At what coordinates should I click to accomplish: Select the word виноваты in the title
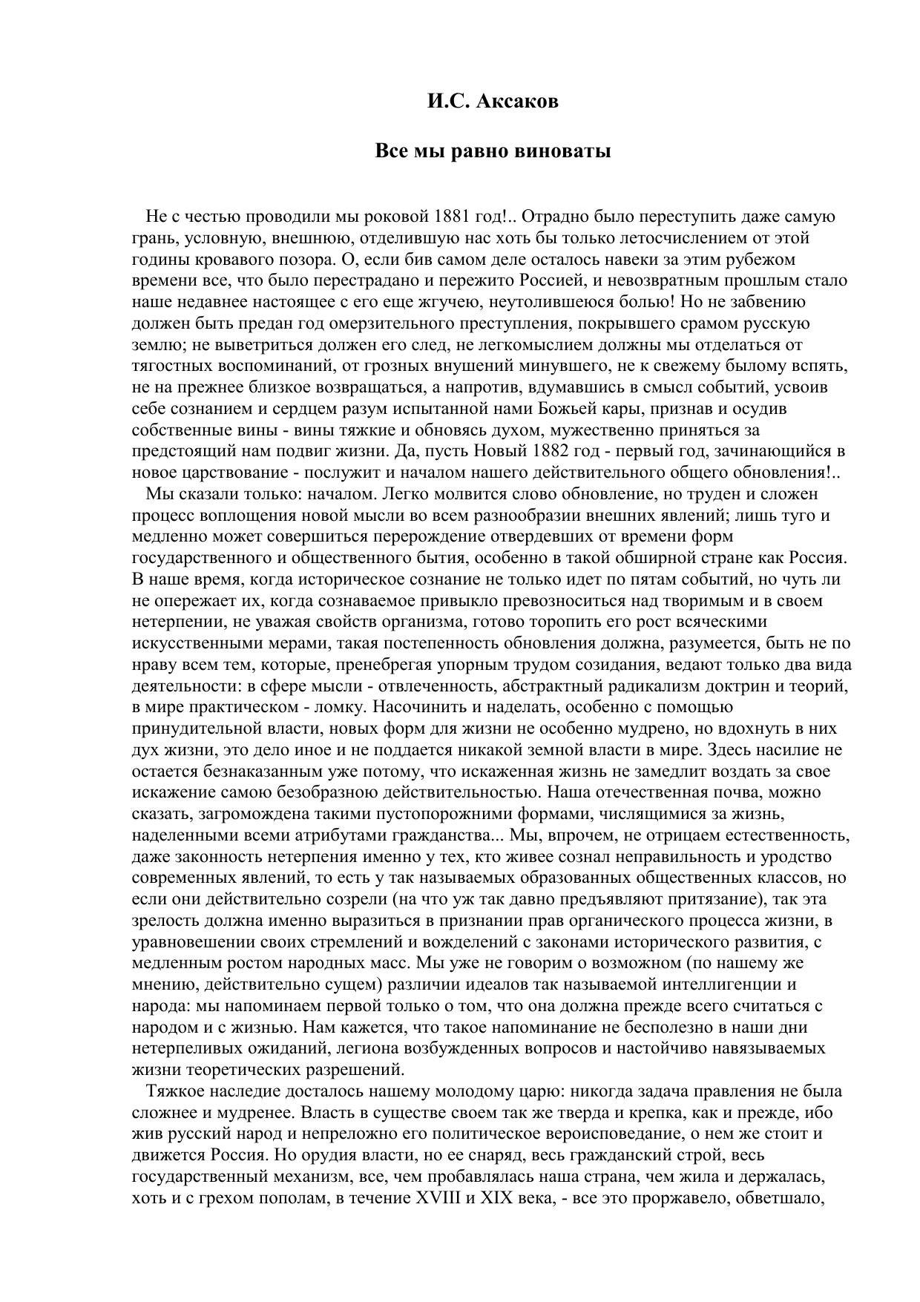[570, 151]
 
